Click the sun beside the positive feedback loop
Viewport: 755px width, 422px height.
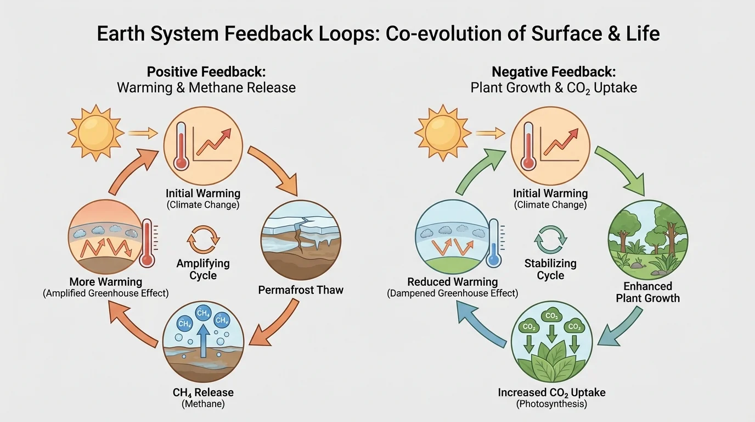point(92,132)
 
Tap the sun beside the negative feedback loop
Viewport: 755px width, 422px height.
point(442,132)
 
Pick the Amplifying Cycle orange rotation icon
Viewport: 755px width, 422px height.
point(203,240)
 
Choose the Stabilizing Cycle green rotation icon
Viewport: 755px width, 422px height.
point(550,240)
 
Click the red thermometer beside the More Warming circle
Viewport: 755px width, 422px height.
point(147,243)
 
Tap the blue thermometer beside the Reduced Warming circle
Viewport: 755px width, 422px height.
point(494,243)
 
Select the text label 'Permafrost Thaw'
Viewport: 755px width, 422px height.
point(301,290)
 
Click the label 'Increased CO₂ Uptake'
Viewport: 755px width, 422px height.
point(551,392)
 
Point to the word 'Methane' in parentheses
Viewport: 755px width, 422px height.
point(203,404)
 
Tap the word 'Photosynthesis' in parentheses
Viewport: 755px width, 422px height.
point(551,404)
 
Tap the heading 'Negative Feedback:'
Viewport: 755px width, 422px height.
point(554,72)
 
